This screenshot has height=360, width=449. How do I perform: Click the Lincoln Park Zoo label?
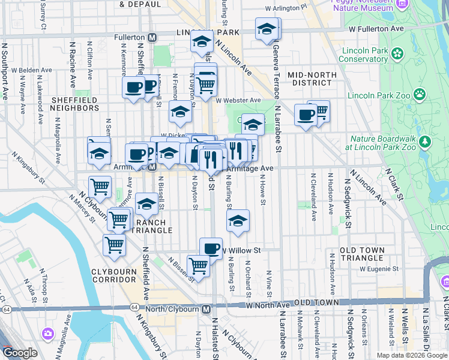click(378, 95)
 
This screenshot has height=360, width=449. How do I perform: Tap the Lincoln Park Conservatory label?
click(363, 55)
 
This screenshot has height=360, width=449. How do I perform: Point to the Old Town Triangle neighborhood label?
click(361, 254)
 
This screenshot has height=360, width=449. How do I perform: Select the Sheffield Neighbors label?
click(75, 104)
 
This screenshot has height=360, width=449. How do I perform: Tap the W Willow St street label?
click(243, 250)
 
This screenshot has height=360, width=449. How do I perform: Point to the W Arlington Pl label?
click(286, 8)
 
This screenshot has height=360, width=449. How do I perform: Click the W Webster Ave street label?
click(238, 100)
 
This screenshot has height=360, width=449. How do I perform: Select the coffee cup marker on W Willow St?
click(210, 248)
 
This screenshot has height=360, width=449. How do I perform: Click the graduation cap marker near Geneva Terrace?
click(267, 29)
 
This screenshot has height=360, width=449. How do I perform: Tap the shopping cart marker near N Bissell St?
click(197, 265)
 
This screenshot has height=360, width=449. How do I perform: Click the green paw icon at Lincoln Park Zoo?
click(419, 94)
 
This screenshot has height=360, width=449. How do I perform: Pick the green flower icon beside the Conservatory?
click(397, 55)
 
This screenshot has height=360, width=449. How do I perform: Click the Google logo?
click(20, 353)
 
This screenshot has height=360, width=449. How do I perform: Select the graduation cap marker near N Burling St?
click(238, 221)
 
